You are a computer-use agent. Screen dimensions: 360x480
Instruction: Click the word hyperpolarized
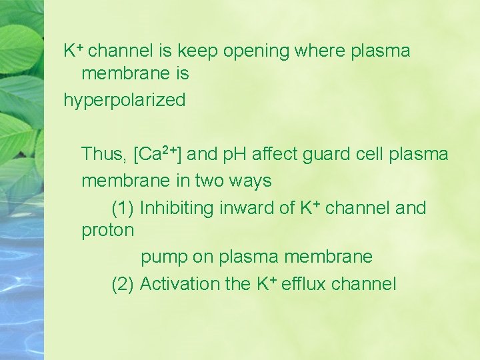tap(124, 101)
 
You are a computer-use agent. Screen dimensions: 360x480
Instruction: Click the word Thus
tap(104, 155)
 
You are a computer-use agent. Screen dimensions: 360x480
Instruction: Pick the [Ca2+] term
tap(158, 154)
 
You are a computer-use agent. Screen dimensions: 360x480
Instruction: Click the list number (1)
tap(123, 208)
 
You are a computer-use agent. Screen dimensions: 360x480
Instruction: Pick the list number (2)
tap(123, 284)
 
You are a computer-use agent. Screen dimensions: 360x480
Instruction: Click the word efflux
tap(303, 284)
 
